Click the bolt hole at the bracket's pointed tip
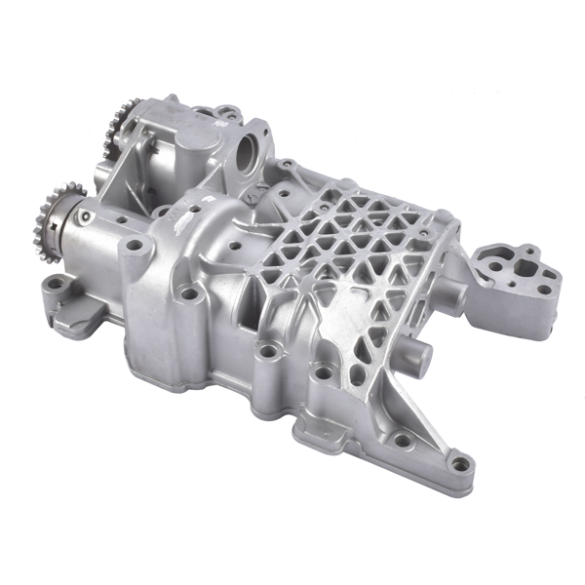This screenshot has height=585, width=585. tap(459, 460)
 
